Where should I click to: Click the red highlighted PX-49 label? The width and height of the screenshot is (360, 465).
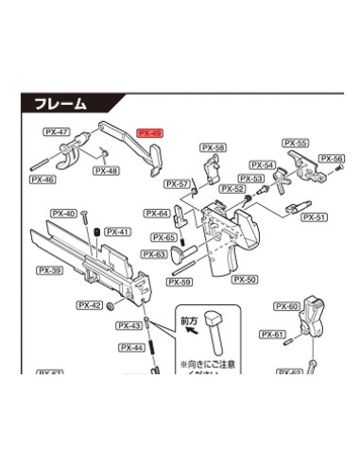(x=150, y=133)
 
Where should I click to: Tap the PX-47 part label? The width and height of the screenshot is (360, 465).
(x=56, y=133)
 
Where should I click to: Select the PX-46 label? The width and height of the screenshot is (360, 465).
(x=42, y=179)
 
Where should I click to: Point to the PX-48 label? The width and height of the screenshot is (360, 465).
(x=106, y=171)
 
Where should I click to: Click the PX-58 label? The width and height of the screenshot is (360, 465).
(x=214, y=147)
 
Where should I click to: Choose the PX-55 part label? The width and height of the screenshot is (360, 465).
(x=296, y=143)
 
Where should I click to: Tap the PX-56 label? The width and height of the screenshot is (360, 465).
(x=332, y=159)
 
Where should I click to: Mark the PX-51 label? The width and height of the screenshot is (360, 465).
(x=314, y=217)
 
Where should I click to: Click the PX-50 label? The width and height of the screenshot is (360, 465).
(x=245, y=280)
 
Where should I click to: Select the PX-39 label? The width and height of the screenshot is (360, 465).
(x=50, y=269)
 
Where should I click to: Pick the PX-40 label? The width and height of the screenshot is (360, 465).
(x=64, y=214)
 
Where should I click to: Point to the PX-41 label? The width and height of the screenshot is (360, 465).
(x=117, y=232)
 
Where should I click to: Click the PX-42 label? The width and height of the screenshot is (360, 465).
(x=90, y=304)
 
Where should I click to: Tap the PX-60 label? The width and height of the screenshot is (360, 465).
(x=287, y=306)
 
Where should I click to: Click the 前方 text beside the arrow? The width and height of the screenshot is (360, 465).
(x=189, y=321)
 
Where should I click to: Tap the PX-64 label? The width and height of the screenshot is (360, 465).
(x=157, y=214)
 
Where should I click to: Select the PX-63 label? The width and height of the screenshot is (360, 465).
(x=154, y=254)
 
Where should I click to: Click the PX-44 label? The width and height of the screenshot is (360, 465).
(x=132, y=348)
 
